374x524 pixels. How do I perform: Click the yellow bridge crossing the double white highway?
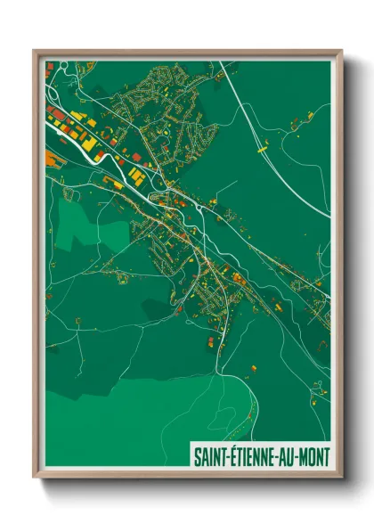click(x=262, y=152)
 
